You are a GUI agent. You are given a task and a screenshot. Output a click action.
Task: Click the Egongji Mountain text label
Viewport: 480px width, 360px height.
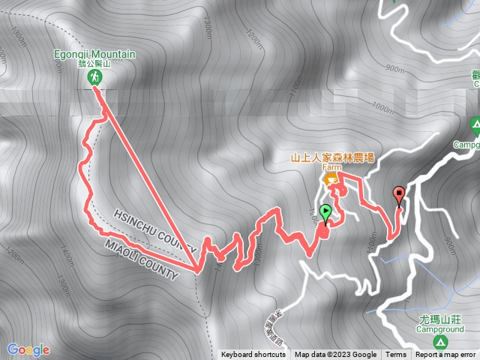[94, 54]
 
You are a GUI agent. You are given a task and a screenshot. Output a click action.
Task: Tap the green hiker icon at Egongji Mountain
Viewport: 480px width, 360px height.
[95, 77]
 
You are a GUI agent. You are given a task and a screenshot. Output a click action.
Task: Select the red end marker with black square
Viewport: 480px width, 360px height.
[398, 195]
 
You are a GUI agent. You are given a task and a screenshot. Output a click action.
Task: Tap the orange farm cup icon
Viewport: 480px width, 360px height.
[330, 180]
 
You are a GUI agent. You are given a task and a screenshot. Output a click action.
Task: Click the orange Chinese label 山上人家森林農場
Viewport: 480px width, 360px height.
[333, 158]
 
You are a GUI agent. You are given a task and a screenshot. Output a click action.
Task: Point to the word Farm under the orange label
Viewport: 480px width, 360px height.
[331, 169]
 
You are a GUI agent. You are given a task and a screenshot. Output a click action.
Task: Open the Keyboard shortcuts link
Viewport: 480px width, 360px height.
[253, 355]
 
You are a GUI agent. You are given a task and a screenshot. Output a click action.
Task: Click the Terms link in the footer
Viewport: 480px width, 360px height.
[395, 355]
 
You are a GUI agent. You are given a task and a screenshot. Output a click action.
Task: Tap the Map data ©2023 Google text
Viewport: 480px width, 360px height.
[335, 355]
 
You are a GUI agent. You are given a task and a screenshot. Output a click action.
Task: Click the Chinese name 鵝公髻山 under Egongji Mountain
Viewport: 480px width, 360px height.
[95, 64]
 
